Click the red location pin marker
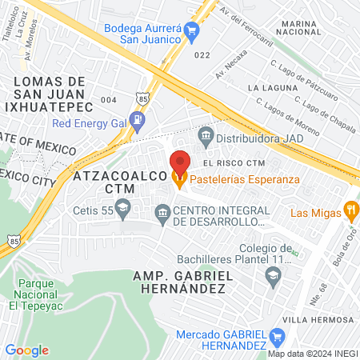180,163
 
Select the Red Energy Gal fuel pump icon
138,122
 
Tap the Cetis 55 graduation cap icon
122,210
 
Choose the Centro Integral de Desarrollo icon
162,211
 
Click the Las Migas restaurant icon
350,211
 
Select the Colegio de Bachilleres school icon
273,275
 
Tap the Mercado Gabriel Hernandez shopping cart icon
277,336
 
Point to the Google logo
26,350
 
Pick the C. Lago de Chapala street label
326,107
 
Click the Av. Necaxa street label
232,70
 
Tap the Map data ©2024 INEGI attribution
312,354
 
